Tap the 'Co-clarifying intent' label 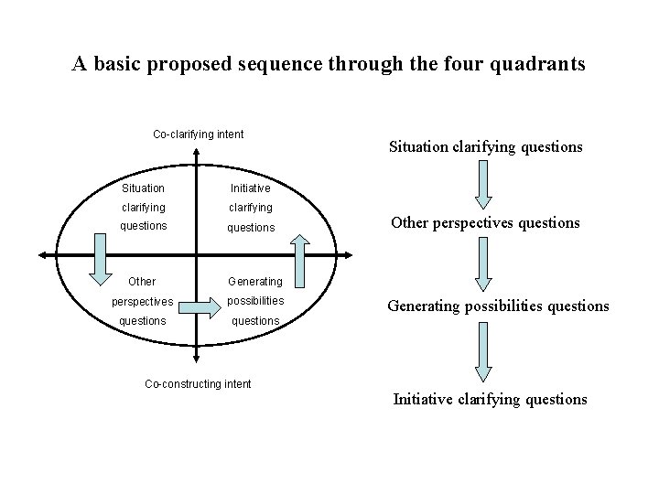tap(198, 134)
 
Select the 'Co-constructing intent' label tap(199, 383)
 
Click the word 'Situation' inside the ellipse tap(143, 188)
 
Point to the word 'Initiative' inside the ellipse tap(250, 188)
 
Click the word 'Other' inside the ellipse tap(142, 281)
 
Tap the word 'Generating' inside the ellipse tap(254, 281)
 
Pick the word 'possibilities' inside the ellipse tap(254, 301)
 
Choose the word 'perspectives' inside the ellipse tap(143, 301)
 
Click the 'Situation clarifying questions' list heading tap(486, 146)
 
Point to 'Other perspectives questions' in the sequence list tap(484, 222)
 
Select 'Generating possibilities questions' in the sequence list tap(498, 306)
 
